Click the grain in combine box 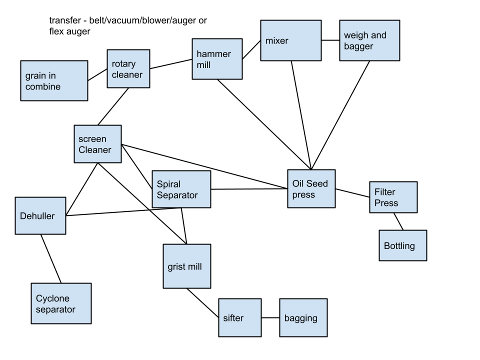click(x=54, y=80)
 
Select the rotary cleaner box click(x=128, y=68)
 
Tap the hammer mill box click(x=217, y=59)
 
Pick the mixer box click(x=290, y=40)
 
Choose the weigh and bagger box click(x=369, y=40)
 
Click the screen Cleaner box click(x=97, y=144)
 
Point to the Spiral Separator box click(x=181, y=189)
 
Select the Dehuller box click(x=40, y=215)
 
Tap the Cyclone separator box click(x=61, y=303)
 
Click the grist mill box click(x=186, y=266)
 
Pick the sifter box click(x=239, y=317)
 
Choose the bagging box click(x=303, y=317)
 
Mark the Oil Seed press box click(x=311, y=188)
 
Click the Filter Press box click(x=393, y=197)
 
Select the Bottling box click(x=402, y=245)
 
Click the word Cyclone click(x=52, y=298)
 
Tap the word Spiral click(x=168, y=184)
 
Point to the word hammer click(x=213, y=54)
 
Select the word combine click(x=43, y=86)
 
